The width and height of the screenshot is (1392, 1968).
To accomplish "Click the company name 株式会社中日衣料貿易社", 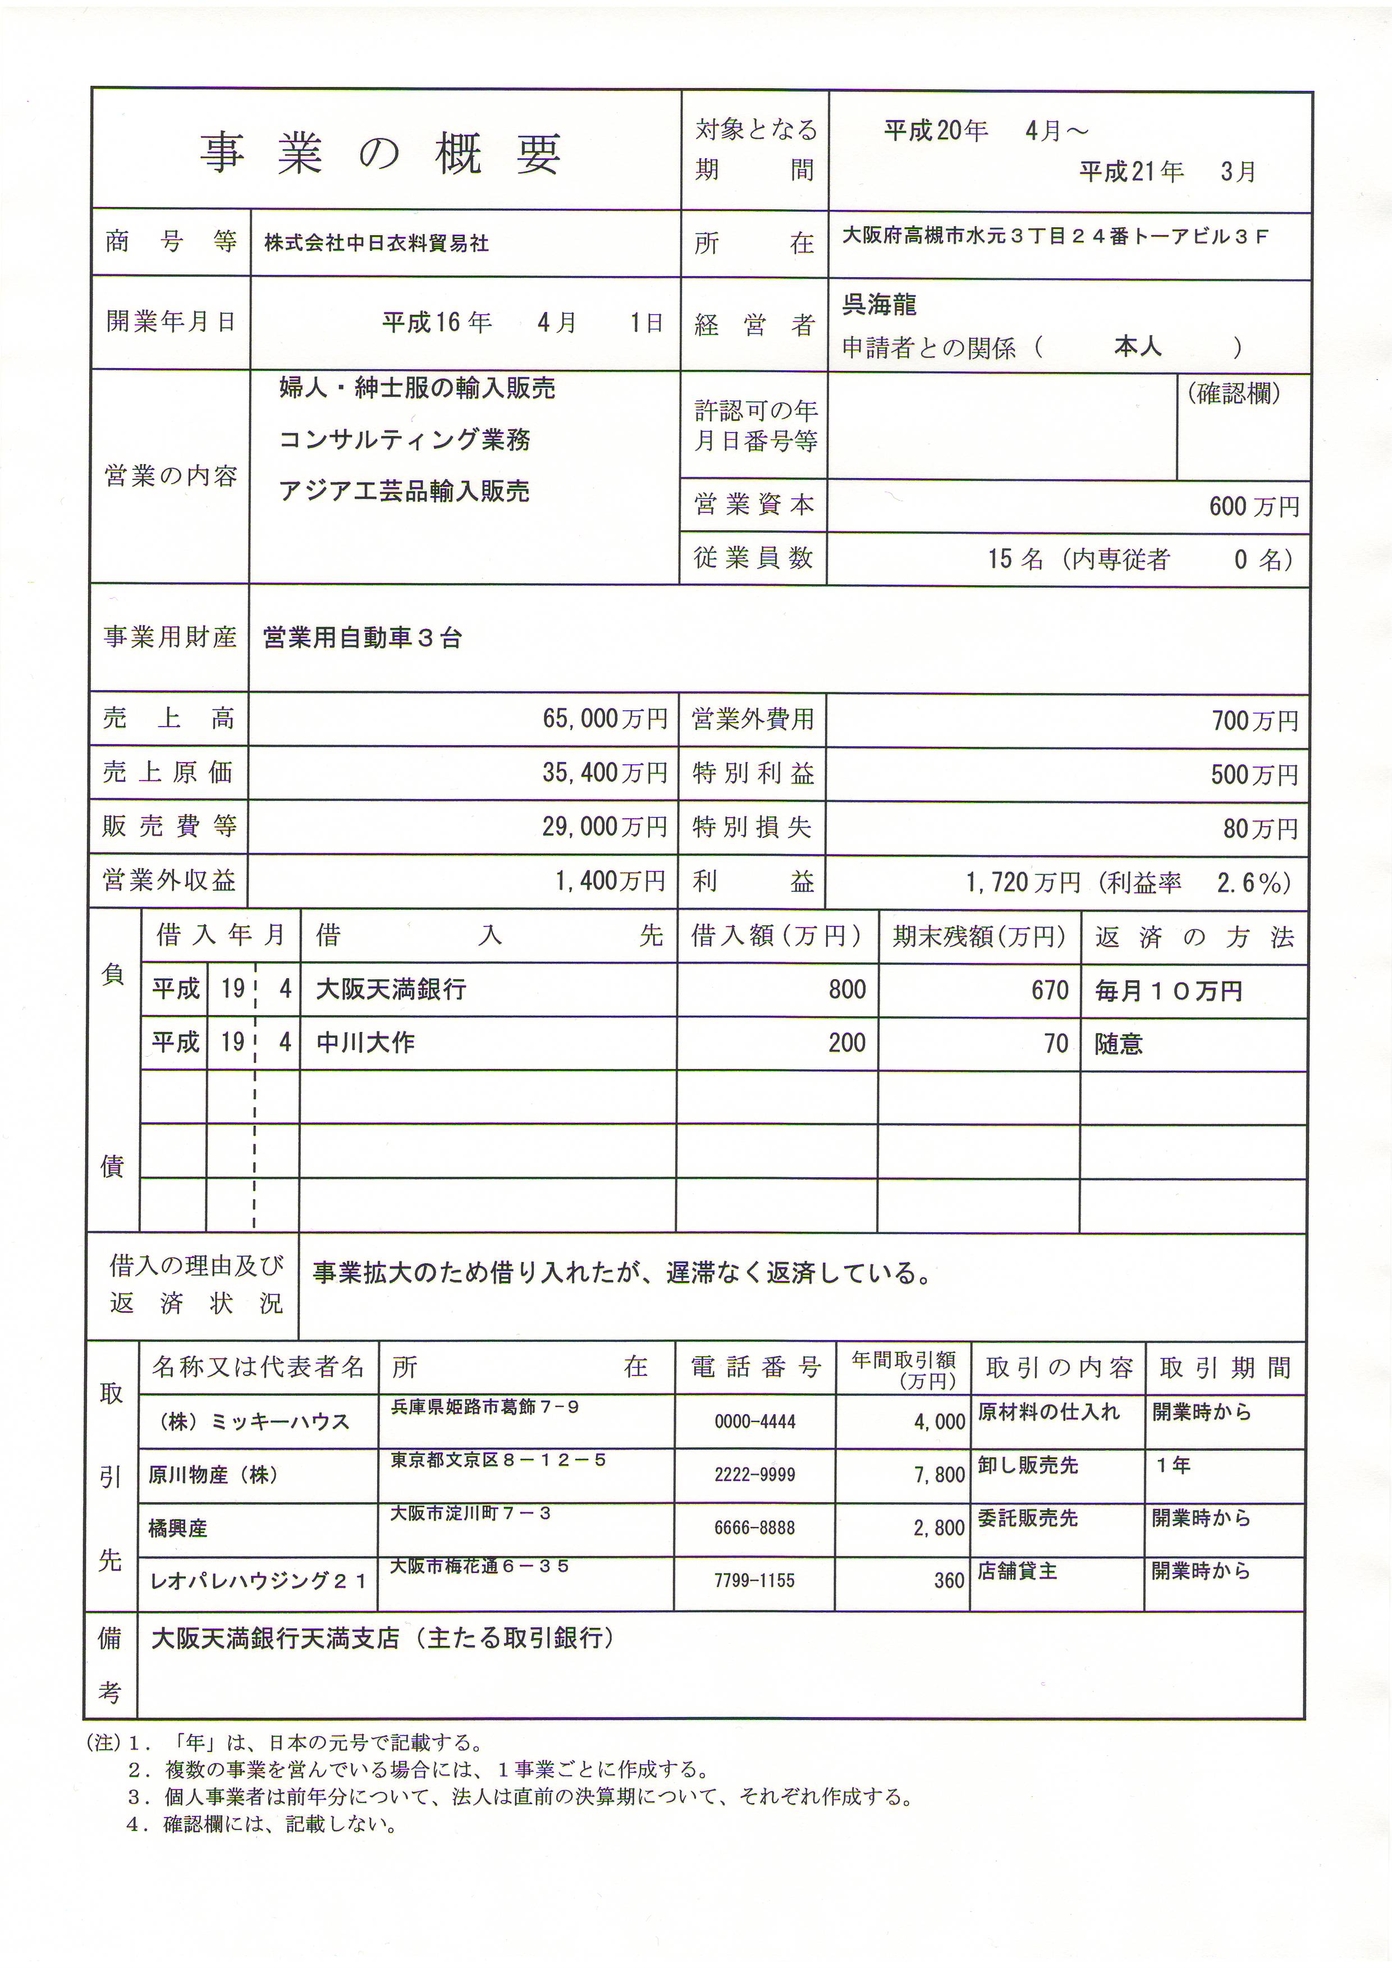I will (x=376, y=244).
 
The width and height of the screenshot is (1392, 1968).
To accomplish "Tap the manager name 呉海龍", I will (x=878, y=304).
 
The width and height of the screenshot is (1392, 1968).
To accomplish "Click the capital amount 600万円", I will (x=1253, y=507).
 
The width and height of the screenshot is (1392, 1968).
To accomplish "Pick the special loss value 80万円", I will (x=1260, y=829).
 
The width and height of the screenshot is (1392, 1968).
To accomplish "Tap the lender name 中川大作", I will (x=365, y=1043).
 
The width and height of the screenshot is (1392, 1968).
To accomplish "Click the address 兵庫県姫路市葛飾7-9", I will (x=485, y=1407).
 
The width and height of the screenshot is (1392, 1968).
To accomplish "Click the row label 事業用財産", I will (x=170, y=637).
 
